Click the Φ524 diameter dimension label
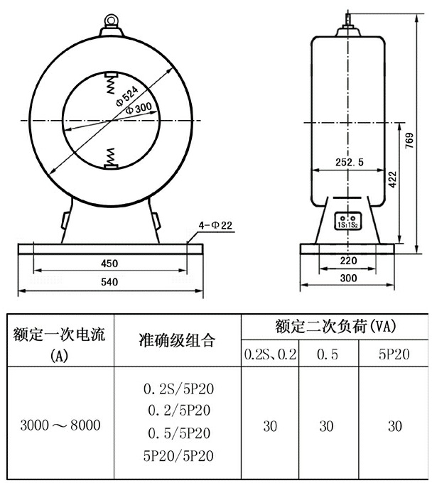point(127,97)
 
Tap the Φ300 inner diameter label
point(139,108)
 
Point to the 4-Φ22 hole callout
point(215,225)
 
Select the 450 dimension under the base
point(109,264)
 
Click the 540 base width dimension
point(109,282)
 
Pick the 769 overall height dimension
point(409,141)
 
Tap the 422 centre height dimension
point(392,179)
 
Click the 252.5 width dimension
point(350,162)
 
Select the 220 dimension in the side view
point(348,261)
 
